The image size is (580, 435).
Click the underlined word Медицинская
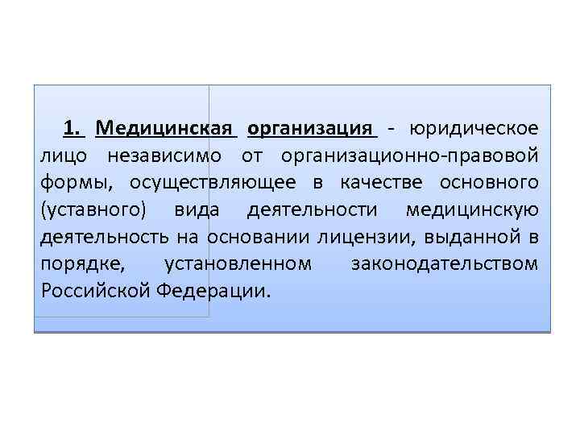164,128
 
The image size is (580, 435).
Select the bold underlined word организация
312,128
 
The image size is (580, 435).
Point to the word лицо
62,155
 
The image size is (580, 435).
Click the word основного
489,182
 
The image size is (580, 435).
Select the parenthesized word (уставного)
92,209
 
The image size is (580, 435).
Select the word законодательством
445,264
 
